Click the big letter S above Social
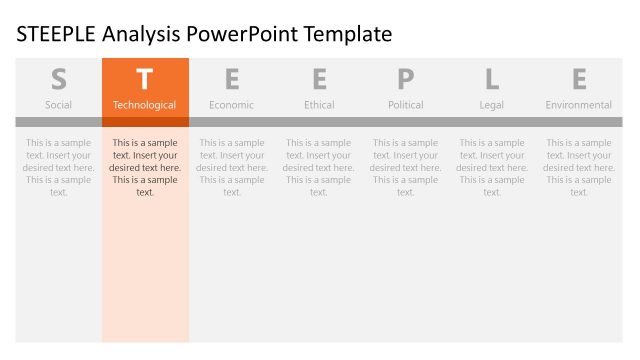[58, 79]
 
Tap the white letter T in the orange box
[145, 79]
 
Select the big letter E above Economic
[232, 79]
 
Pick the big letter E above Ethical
[319, 79]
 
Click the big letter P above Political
[405, 79]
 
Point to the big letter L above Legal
[492, 79]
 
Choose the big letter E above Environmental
[579, 79]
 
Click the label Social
[58, 105]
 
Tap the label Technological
[145, 105]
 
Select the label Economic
[232, 105]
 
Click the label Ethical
[319, 105]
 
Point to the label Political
[405, 105]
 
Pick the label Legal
[492, 105]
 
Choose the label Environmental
[579, 105]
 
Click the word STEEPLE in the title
[58, 35]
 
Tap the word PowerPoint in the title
[249, 35]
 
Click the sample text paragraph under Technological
[145, 167]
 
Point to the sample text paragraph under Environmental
[579, 167]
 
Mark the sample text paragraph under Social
[58, 167]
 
